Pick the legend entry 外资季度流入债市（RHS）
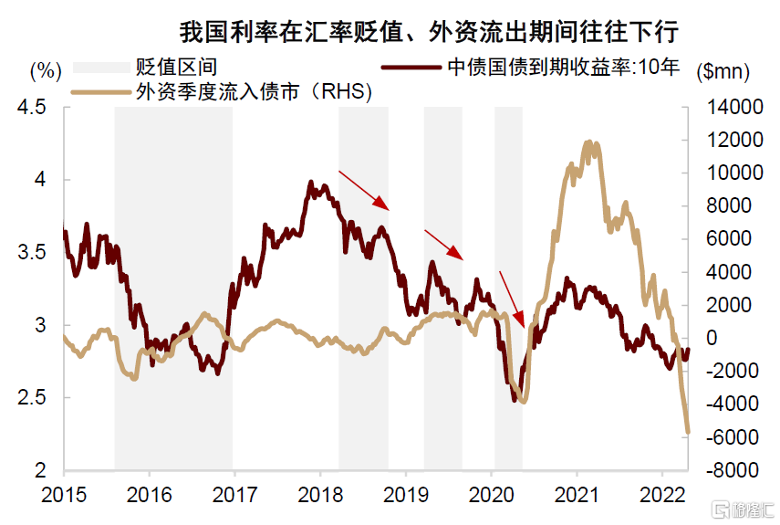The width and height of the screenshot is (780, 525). (x=256, y=91)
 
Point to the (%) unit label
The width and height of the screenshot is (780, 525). (x=45, y=68)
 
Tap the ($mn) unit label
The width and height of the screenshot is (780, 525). (x=721, y=69)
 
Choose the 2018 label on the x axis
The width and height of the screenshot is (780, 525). (x=320, y=494)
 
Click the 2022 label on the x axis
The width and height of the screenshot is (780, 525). (x=662, y=494)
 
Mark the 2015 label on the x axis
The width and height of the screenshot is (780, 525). (x=64, y=494)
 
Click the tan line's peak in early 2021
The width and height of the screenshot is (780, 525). (x=588, y=142)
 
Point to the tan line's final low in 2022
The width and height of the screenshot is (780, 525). (x=688, y=432)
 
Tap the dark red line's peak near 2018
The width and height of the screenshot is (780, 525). (x=310, y=182)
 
